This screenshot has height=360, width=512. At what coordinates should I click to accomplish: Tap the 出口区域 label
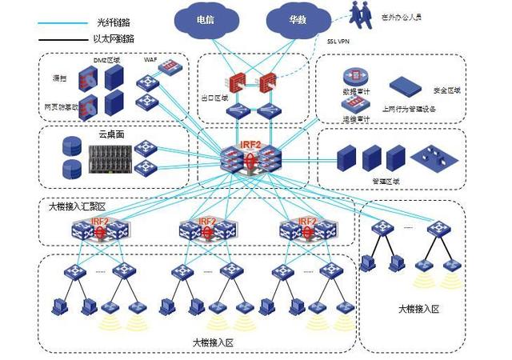[214, 98]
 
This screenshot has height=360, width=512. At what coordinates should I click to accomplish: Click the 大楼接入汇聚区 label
[77, 206]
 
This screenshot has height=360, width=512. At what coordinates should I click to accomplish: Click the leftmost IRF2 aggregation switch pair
[100, 228]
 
